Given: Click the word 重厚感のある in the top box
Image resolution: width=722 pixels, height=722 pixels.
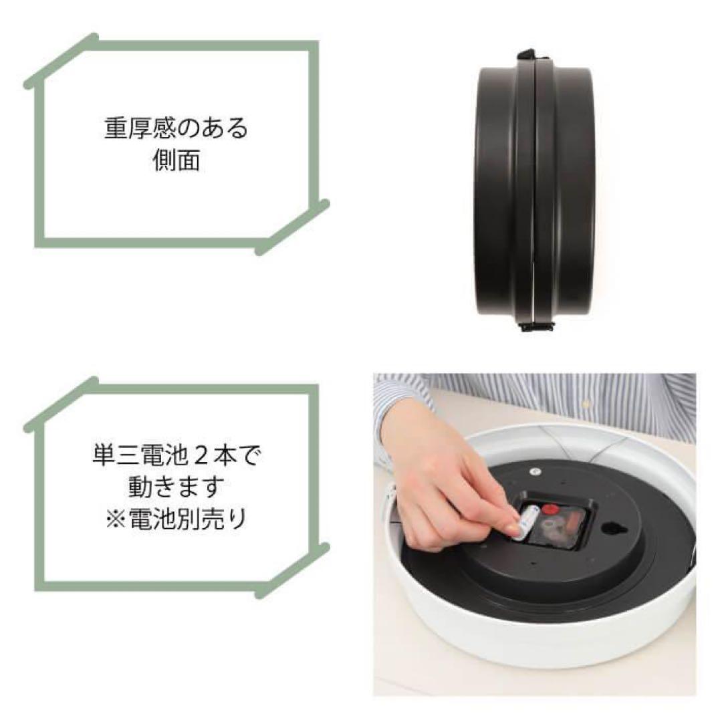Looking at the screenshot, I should click(x=176, y=128).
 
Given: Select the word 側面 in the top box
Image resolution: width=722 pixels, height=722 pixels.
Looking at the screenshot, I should click(x=176, y=161).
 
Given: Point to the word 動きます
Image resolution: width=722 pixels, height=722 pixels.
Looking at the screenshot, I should click(x=176, y=488).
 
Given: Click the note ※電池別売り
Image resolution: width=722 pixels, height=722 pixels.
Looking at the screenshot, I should click(x=176, y=519).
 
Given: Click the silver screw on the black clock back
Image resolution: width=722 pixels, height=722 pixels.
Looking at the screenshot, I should click(x=535, y=470).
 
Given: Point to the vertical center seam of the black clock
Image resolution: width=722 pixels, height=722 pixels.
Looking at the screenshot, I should click(x=535, y=194).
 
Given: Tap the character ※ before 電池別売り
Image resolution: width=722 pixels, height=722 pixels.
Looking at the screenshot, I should click(x=115, y=519).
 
